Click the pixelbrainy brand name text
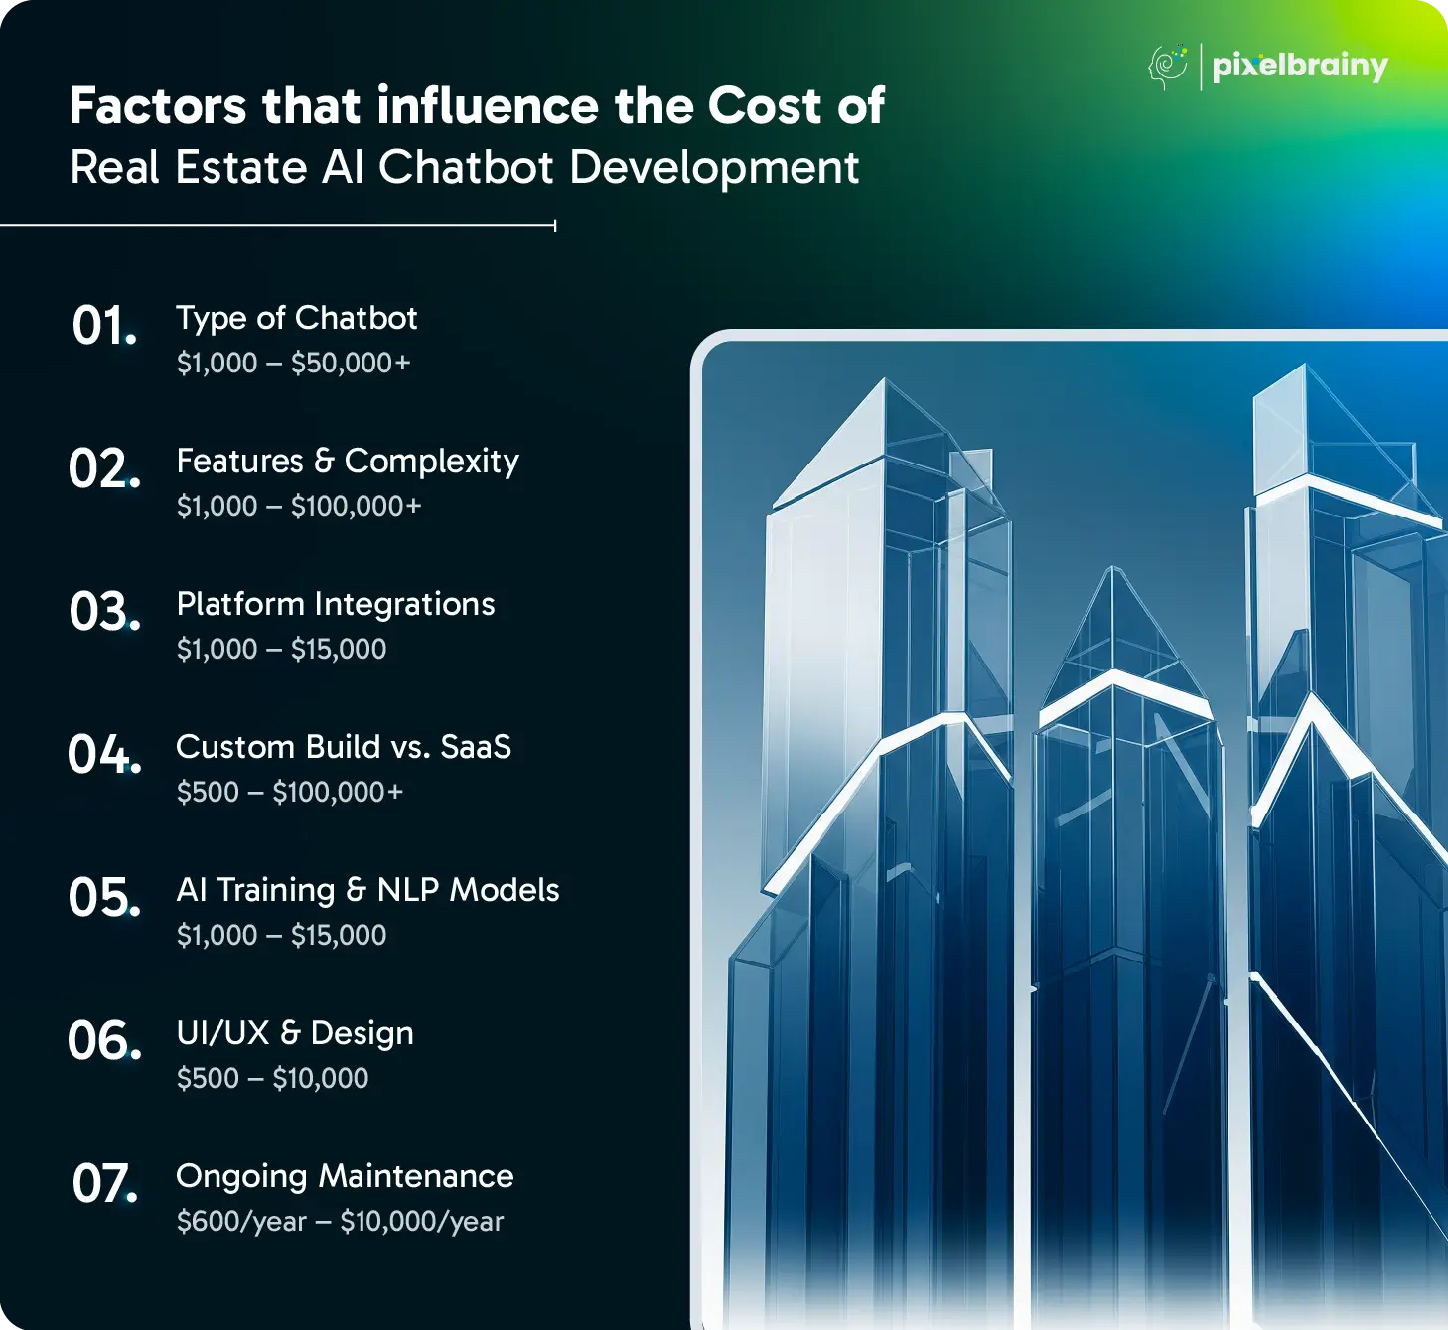1300,68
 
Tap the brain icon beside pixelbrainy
1167,67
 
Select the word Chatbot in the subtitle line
467,167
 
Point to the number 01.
104,325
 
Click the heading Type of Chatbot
297,319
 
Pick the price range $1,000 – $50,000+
293,363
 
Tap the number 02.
104,468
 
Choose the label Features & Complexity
348,462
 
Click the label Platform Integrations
336,604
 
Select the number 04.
104,755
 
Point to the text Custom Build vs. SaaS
344,747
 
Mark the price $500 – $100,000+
289,792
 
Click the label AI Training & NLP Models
367,890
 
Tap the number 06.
104,1041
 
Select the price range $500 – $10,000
272,1078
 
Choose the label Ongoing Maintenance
345,1176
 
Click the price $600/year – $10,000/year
340,1222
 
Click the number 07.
104,1183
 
